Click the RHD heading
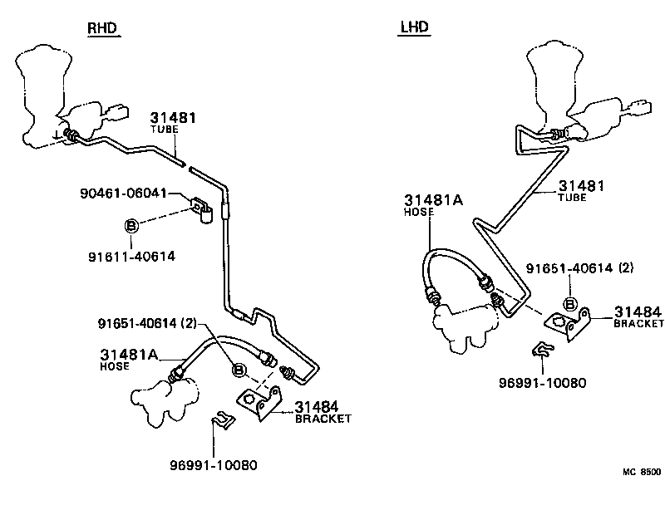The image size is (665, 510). pos(103,29)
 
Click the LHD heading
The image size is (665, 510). pos(414,27)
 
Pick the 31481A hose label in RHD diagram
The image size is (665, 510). pos(129,355)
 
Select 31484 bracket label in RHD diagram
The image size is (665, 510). pos(316,407)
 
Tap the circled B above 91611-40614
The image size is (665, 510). pos(131,225)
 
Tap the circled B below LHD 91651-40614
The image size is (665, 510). pos(571,302)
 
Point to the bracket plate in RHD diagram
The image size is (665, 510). pos(258,402)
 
